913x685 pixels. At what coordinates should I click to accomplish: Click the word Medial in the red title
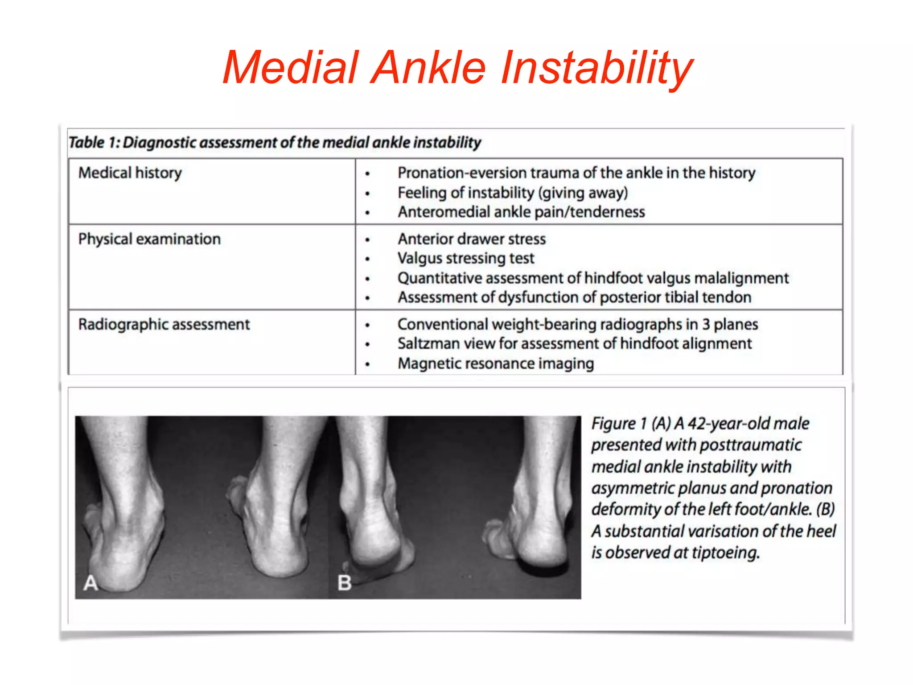291,68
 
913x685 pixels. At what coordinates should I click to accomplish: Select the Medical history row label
130,173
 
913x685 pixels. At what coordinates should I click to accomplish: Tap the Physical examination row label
149,239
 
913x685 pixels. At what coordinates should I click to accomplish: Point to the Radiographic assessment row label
164,325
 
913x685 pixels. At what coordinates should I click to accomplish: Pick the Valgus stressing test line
466,259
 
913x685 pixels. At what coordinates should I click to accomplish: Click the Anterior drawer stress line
472,239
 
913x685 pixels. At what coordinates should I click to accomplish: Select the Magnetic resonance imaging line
496,364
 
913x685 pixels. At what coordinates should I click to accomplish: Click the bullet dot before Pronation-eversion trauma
367,174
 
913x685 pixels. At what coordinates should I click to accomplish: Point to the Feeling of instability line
513,193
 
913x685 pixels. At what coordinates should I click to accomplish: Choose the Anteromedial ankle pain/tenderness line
521,212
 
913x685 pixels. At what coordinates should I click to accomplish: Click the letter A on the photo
90,583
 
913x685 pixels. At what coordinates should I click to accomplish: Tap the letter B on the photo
344,583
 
